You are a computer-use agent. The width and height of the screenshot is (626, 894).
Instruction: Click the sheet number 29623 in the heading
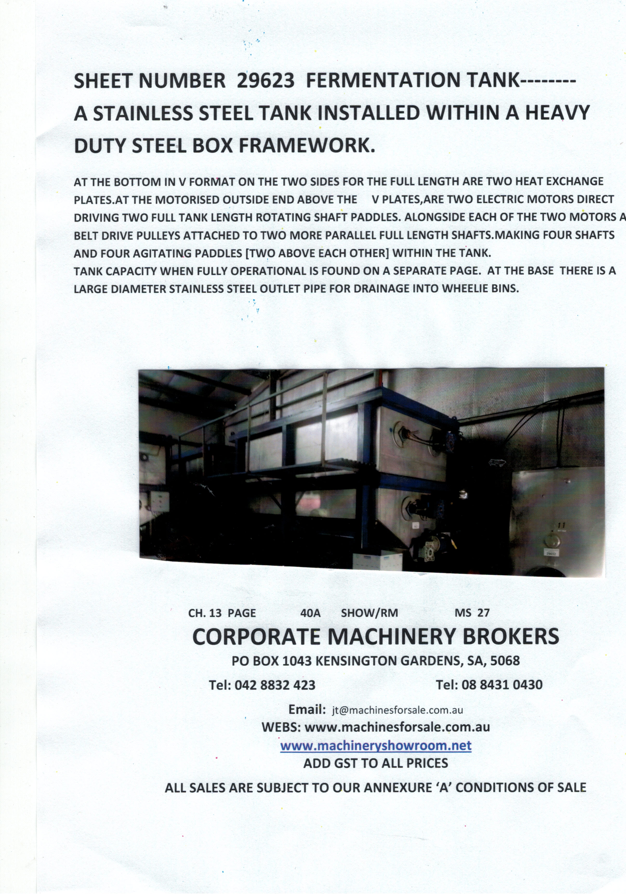265,81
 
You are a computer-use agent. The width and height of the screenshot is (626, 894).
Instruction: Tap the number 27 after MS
483,613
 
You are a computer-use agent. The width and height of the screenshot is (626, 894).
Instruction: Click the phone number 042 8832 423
275,685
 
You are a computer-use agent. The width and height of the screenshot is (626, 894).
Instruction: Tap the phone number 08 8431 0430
502,685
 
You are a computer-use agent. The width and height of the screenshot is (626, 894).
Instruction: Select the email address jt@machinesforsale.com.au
397,710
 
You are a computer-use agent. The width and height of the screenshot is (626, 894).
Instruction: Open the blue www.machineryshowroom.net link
375,746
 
